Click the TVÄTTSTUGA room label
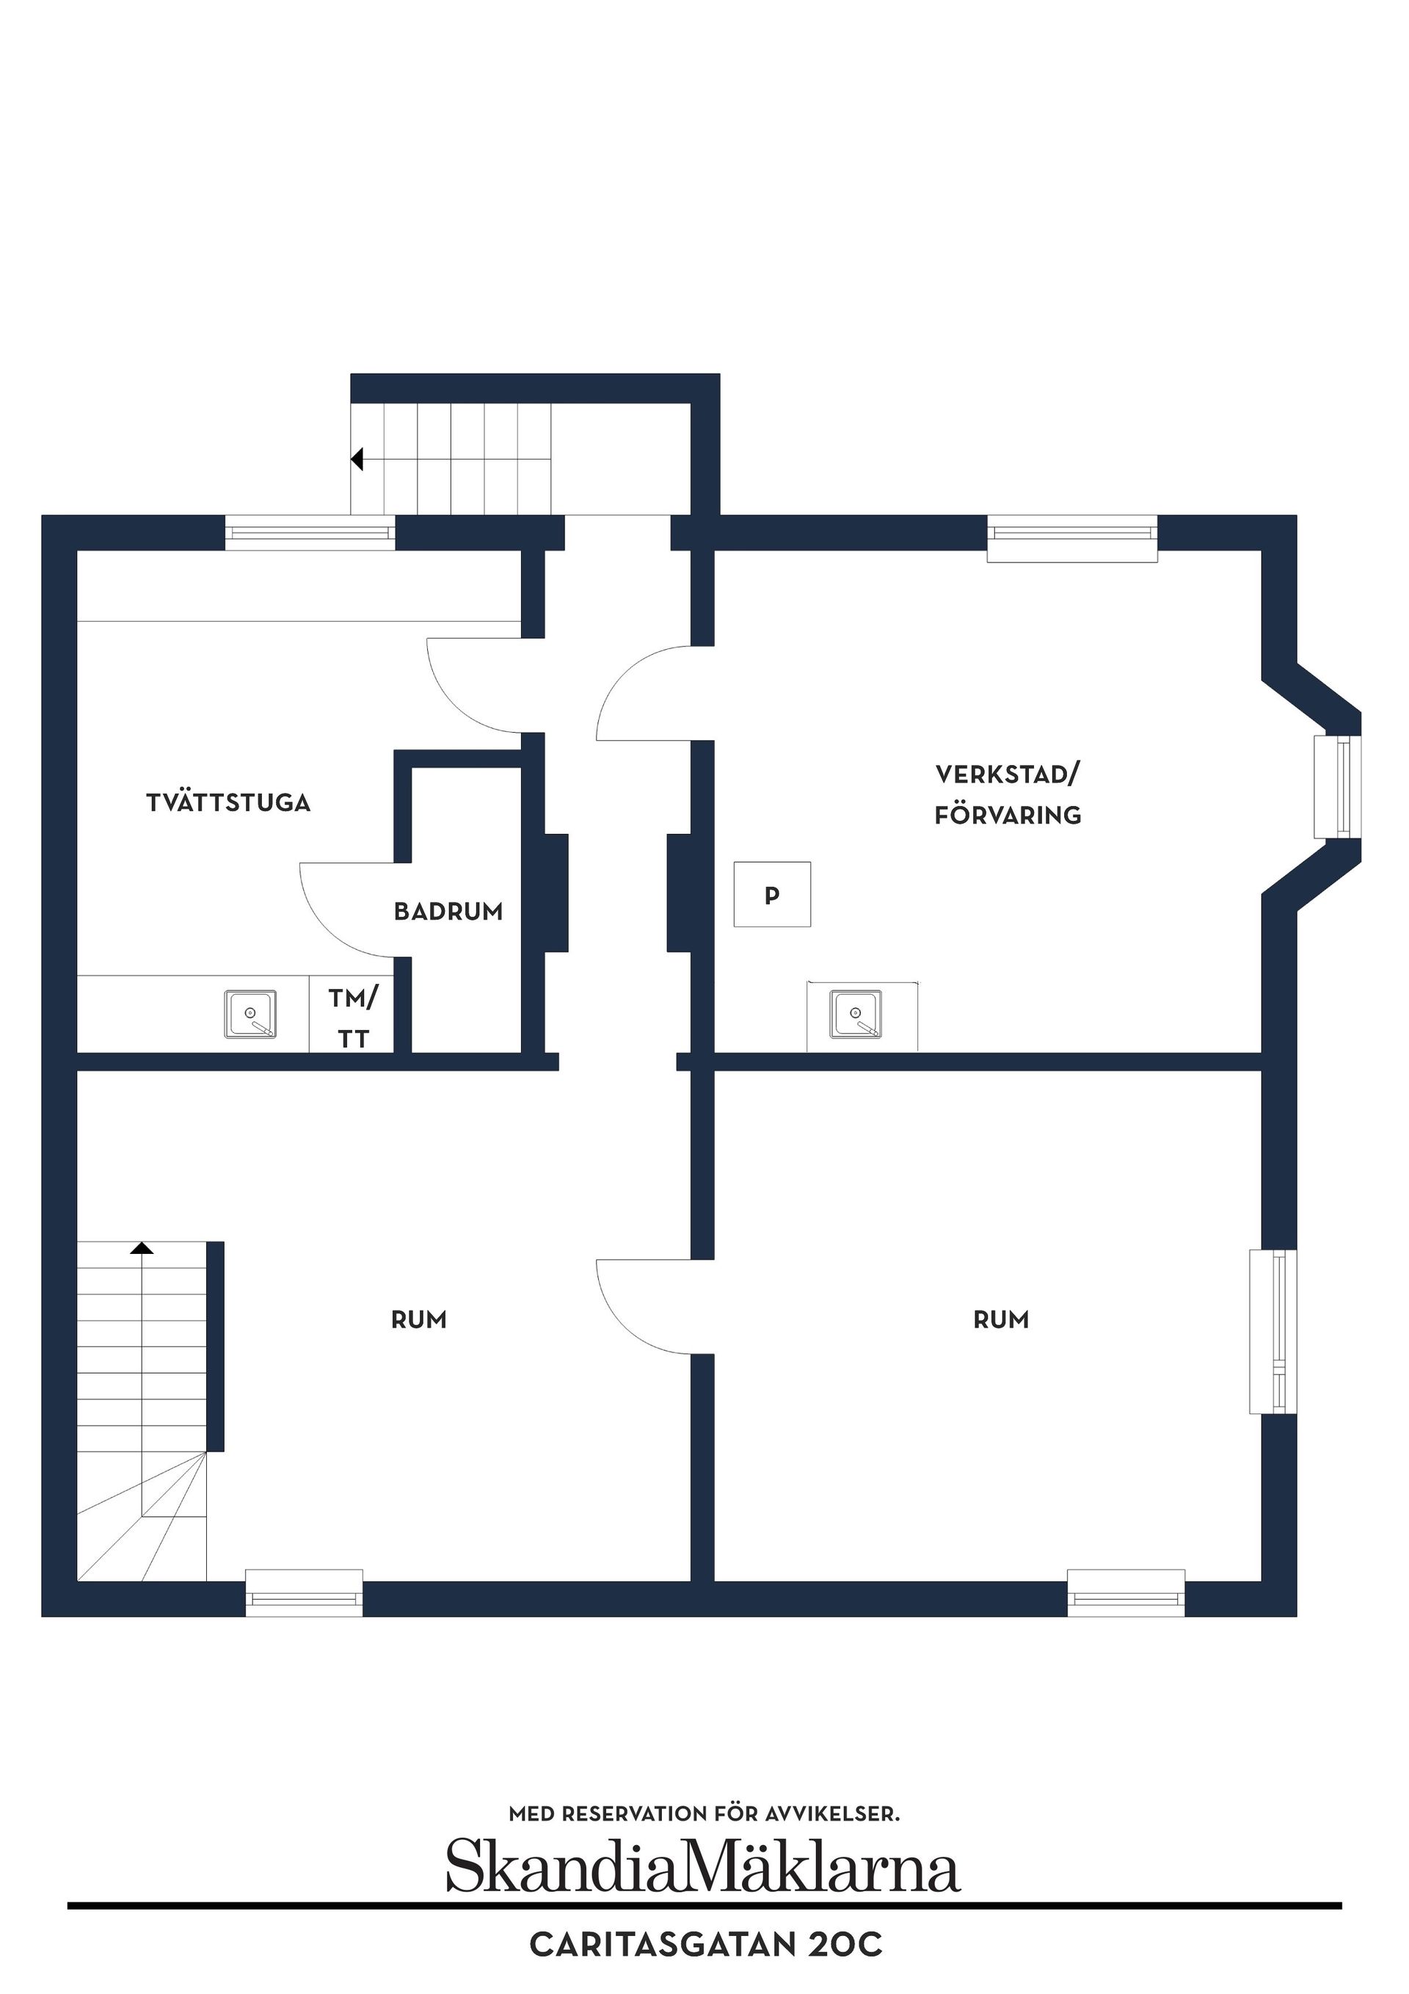tap(228, 802)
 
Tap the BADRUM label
tap(448, 911)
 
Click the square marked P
tap(772, 893)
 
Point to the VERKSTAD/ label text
tap(1007, 774)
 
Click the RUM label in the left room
tap(418, 1319)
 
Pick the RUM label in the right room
tap(1001, 1319)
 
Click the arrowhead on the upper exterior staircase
tap(356, 459)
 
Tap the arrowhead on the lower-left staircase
tap(142, 1248)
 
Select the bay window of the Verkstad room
tap(1337, 787)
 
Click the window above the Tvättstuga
tap(310, 532)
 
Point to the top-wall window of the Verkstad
tap(1072, 538)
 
